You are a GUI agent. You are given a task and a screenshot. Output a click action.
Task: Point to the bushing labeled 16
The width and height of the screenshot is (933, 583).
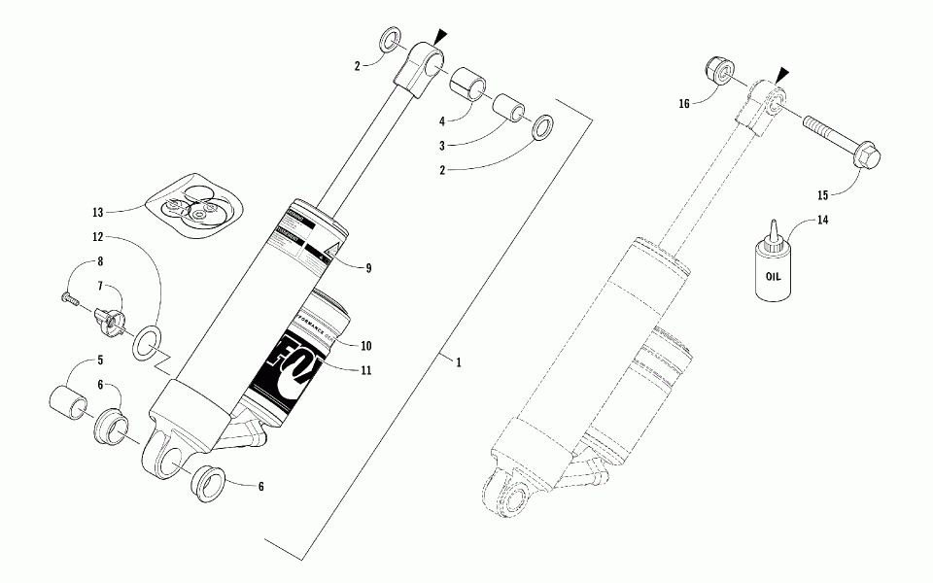719,70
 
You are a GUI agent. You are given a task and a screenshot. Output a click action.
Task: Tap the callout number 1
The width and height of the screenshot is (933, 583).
458,361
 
